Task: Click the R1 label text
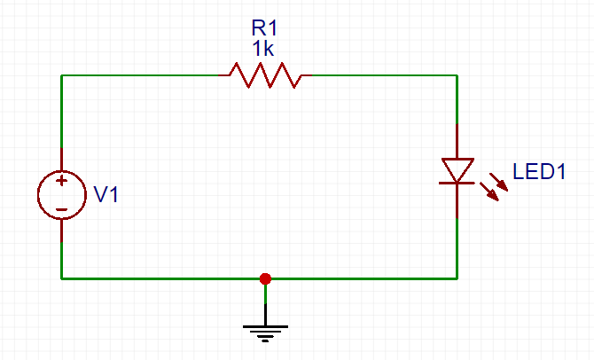coord(264,30)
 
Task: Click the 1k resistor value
coord(264,50)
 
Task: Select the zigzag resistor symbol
coord(265,75)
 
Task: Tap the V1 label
coord(106,195)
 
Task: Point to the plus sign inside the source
coord(61,181)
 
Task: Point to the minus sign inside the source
coord(61,209)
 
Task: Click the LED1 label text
coord(540,172)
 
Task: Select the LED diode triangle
coord(457,169)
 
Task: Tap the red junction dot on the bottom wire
coord(264,278)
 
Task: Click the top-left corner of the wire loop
coord(61,75)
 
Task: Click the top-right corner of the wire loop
coord(457,75)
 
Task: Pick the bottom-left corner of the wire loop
coord(61,278)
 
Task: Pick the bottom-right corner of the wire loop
coord(457,278)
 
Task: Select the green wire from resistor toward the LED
coord(381,75)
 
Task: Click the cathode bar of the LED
coord(457,183)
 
